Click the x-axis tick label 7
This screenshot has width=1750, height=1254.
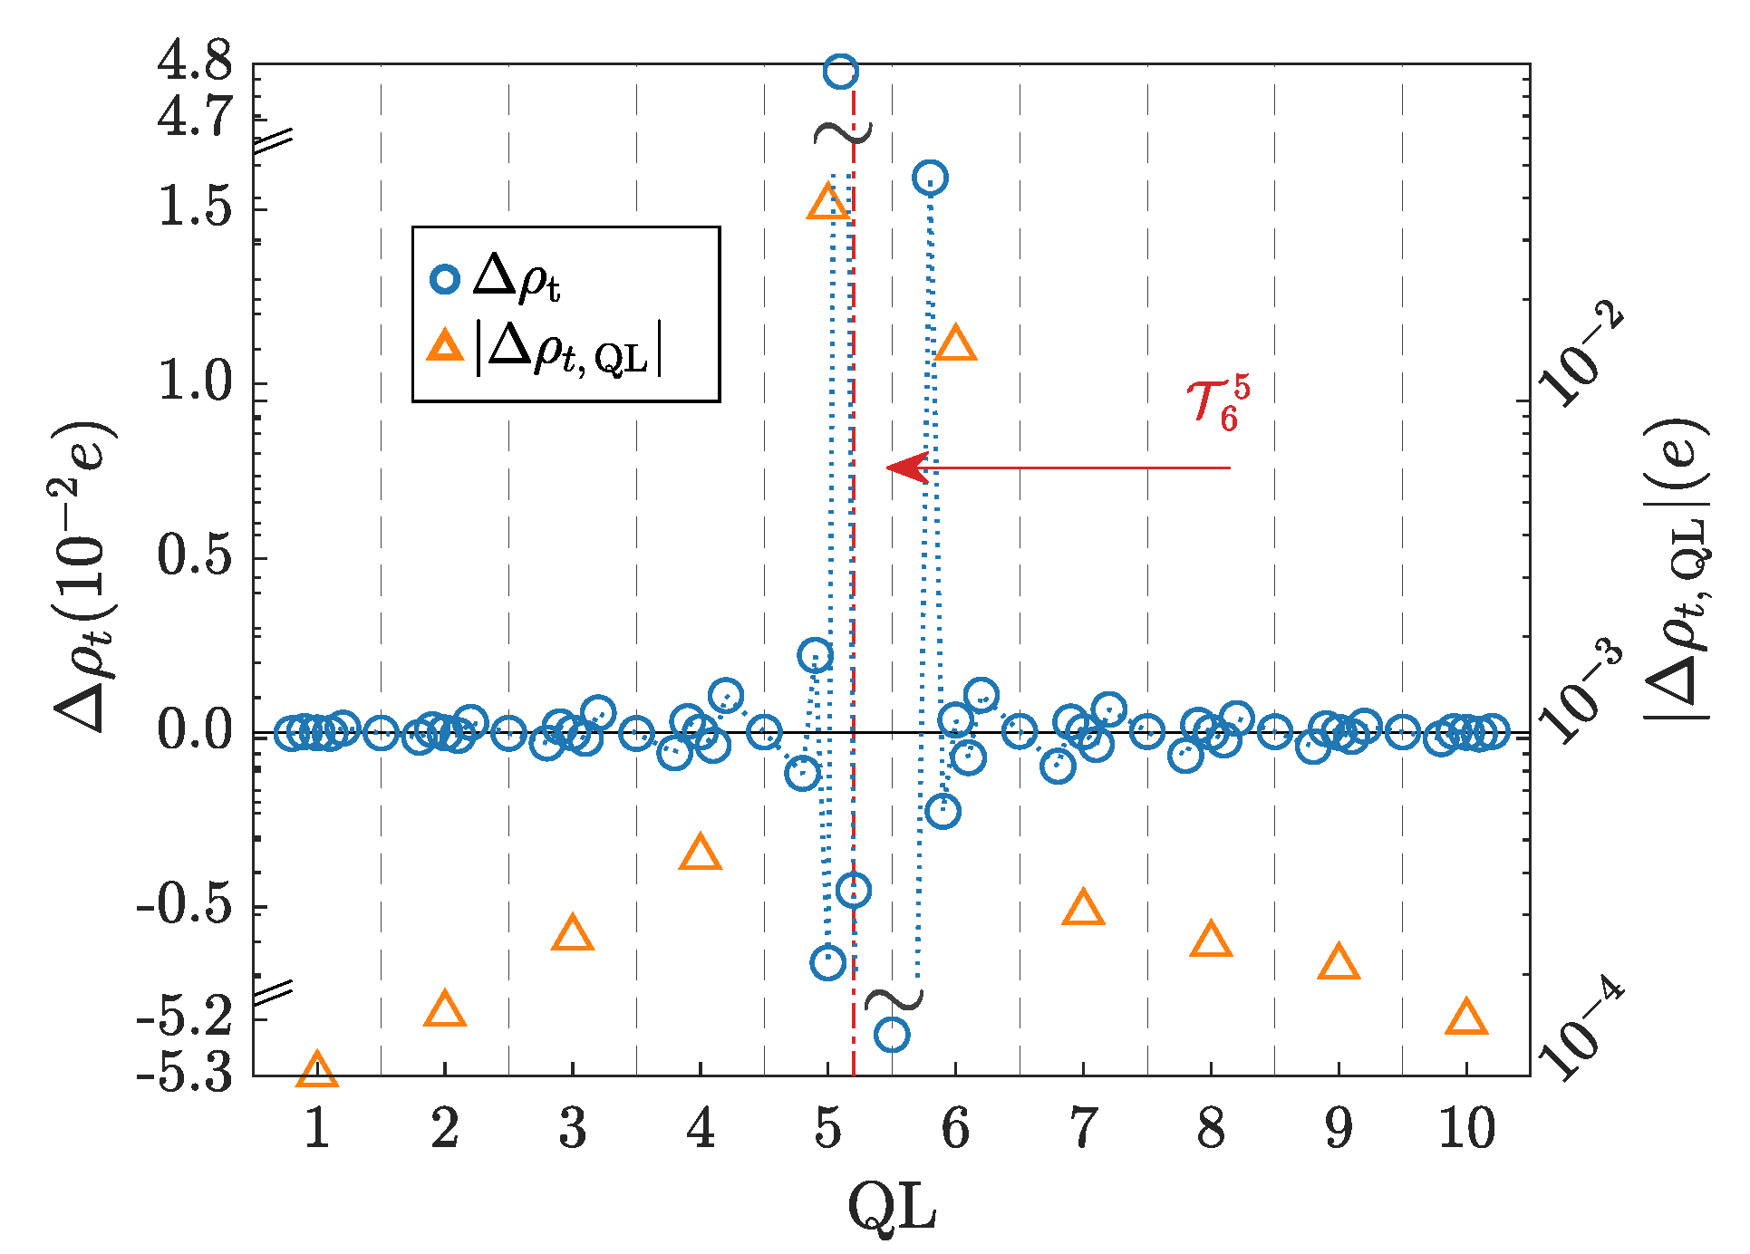pos(1083,1129)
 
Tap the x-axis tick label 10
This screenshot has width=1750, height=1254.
pos(1466,1129)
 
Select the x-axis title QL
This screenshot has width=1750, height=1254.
pos(892,1207)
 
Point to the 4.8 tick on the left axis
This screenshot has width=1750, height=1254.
pos(194,62)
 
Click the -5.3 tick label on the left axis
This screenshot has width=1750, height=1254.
pos(184,1075)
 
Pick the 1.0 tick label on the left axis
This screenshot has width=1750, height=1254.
pos(194,381)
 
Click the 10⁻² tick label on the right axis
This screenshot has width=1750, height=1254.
pos(1581,356)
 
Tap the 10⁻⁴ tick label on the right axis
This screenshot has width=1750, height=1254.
pos(1581,1033)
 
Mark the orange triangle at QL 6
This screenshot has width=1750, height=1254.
pos(955,344)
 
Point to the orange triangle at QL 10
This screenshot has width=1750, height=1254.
pos(1466,1018)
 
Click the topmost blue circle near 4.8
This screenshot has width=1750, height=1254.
pos(841,72)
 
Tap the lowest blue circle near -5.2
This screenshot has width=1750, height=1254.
pos(892,1034)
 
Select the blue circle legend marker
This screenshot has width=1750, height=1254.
pos(445,278)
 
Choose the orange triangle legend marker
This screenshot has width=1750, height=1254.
pos(445,347)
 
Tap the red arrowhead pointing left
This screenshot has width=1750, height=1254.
pos(906,468)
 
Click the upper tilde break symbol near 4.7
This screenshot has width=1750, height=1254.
pos(843,132)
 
